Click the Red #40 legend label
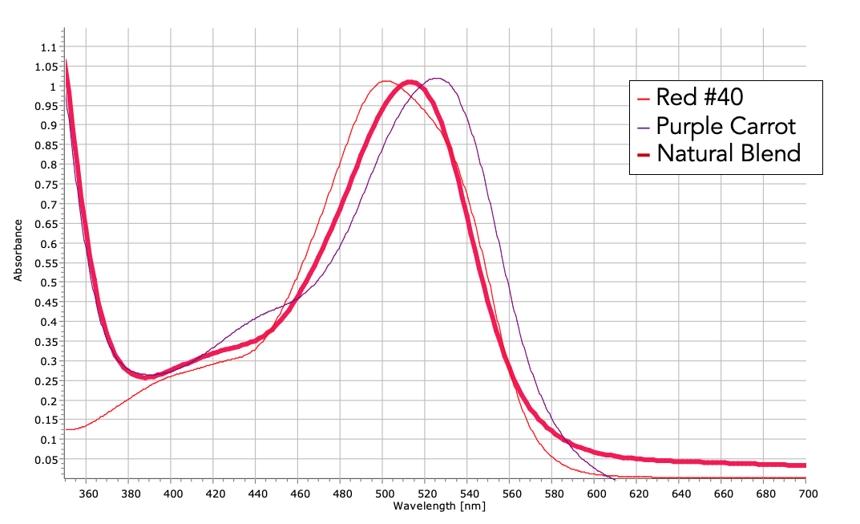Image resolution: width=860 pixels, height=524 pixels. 700,98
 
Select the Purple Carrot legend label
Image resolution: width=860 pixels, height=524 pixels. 725,125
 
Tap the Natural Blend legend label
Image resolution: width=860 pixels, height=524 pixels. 729,152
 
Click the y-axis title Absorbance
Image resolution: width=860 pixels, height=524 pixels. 18,253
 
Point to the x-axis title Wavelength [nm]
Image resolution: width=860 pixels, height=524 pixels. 439,506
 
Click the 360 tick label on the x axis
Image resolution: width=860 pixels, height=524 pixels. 89,494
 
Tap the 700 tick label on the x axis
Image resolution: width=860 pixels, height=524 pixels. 805,494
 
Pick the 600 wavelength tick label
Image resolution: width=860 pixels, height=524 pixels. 595,494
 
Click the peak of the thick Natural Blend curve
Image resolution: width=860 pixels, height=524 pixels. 410,82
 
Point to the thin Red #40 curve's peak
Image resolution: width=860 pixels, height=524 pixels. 386,81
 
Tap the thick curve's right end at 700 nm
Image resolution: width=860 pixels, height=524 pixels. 804,465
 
